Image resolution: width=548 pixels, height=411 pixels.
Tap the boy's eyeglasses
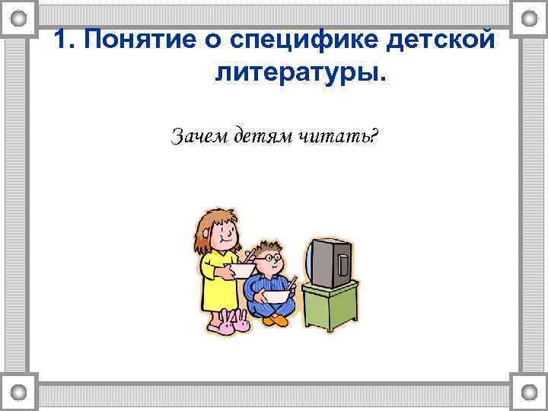coord(268,260)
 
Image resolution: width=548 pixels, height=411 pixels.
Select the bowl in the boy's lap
coord(277,295)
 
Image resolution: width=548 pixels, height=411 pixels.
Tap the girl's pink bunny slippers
coord(231,325)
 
